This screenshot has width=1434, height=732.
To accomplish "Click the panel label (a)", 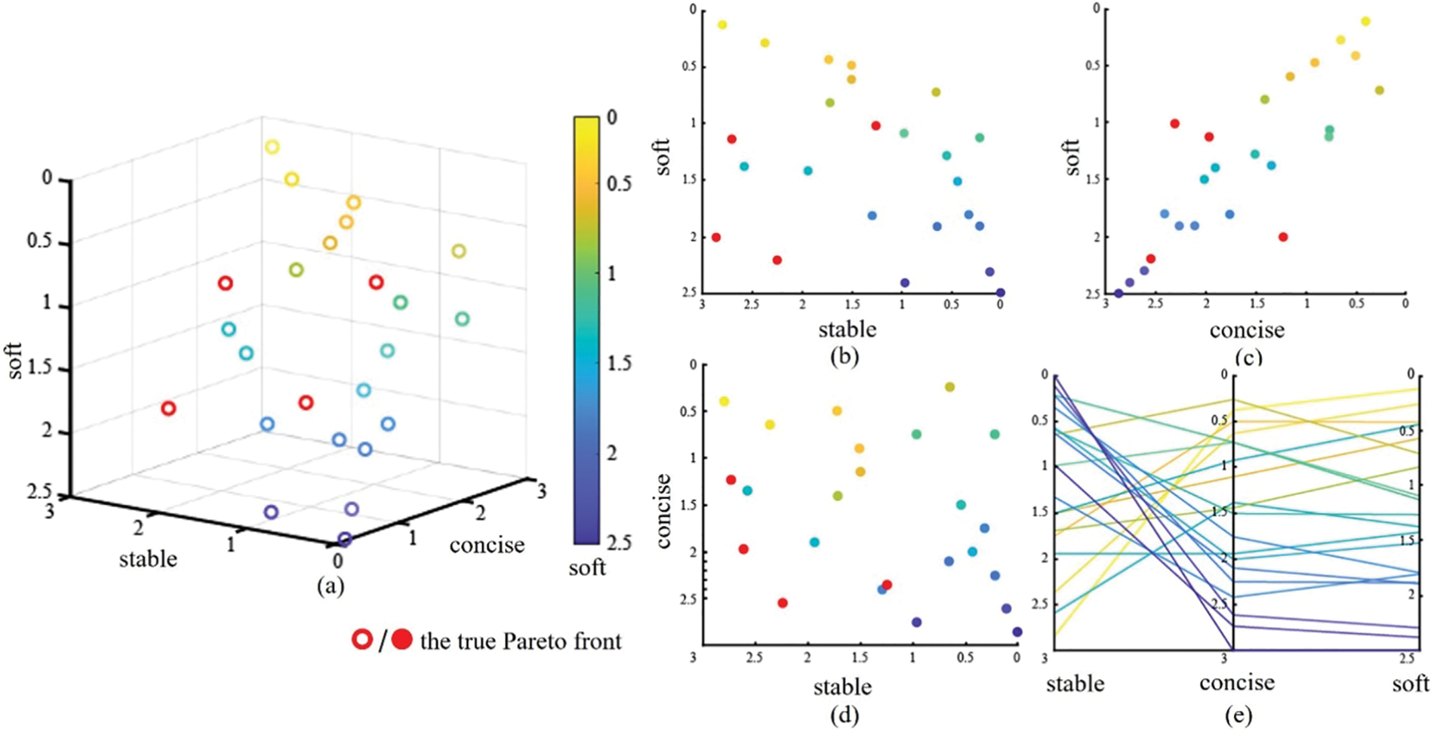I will pos(331,586).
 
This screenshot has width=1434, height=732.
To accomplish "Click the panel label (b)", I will pos(844,355).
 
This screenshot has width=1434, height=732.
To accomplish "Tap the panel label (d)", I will pos(843,712).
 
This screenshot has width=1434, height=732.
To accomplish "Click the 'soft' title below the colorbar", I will pos(587,567).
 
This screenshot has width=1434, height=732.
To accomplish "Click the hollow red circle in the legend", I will pos(363,640).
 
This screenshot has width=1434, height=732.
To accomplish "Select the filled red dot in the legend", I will pos(402,640).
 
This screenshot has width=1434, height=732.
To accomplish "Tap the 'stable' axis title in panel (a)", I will pos(148,558).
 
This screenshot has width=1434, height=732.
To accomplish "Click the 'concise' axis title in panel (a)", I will pos(487,544).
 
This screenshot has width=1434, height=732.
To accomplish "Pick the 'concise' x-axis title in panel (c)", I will pos(1247,330).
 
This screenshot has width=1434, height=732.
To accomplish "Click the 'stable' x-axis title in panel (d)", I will pos(842,686).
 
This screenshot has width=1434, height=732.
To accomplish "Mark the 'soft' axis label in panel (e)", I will pos(1410,683).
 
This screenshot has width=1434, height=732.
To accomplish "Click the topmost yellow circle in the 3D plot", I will pos(272,147).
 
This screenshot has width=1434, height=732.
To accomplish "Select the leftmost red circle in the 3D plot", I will pos(168,408).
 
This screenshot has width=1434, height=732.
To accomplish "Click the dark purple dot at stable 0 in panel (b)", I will pos(1000,293).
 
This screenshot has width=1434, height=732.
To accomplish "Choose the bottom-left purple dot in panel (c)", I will pos(1119,293).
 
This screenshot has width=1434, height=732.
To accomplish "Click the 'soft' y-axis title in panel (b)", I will pos(663,156).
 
